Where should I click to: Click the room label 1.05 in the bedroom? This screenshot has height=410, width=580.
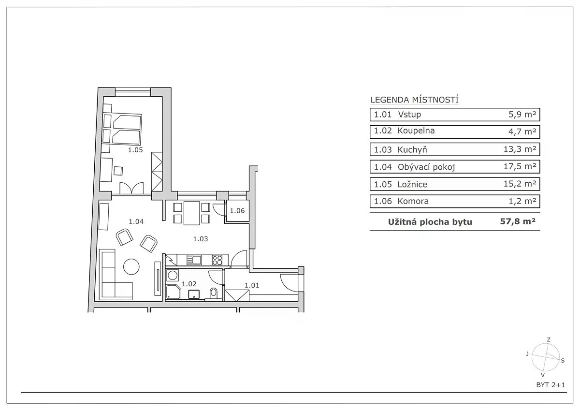point(135,150)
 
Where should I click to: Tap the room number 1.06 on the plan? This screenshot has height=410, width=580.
point(237,211)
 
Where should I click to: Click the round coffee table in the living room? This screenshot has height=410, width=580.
point(131,266)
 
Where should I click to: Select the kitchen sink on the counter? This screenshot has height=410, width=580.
point(194,260)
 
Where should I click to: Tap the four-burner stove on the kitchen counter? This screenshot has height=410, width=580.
point(217,260)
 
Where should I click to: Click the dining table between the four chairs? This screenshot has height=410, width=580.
point(191,213)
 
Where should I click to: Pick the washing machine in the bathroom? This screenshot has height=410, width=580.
point(172,275)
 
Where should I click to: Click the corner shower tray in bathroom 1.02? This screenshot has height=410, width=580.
point(173,292)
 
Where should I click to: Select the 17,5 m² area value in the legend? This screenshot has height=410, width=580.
point(520,166)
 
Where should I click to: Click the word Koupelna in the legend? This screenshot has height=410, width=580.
point(416,131)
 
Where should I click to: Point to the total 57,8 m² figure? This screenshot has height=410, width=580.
point(518,221)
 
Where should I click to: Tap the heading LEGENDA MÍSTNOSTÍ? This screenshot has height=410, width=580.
point(415,100)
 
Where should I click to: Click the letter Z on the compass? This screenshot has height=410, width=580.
point(549,339)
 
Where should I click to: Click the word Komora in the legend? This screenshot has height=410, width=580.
point(413,201)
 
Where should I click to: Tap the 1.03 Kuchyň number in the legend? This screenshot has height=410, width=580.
point(383,150)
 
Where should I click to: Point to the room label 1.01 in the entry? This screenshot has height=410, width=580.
point(252,285)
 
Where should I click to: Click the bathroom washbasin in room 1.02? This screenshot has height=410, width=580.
point(194,294)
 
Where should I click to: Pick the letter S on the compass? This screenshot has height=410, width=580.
point(563,361)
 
